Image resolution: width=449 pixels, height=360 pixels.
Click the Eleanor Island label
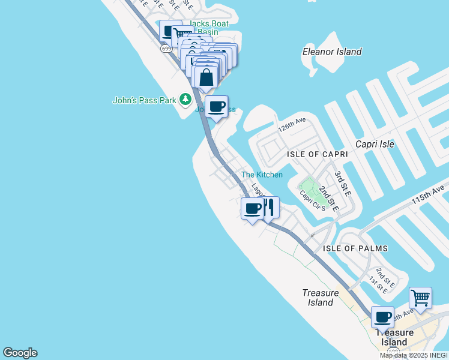[332, 52]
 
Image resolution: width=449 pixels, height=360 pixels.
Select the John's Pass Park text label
[144, 100]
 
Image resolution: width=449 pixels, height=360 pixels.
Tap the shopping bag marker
[206, 79]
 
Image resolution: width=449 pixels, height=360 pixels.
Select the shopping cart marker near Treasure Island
[420, 298]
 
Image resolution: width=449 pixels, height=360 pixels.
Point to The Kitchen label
[262, 175]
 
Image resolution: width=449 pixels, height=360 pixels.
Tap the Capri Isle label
[375, 144]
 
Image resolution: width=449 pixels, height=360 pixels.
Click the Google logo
[20, 353]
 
